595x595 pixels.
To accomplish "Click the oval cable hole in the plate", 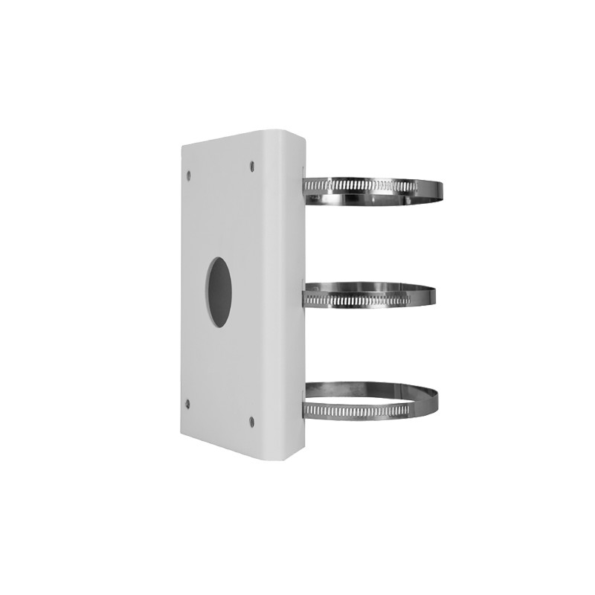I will (x=218, y=292).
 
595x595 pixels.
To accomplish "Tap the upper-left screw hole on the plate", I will (x=189, y=176).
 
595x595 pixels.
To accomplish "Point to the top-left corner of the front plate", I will (x=183, y=146).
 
